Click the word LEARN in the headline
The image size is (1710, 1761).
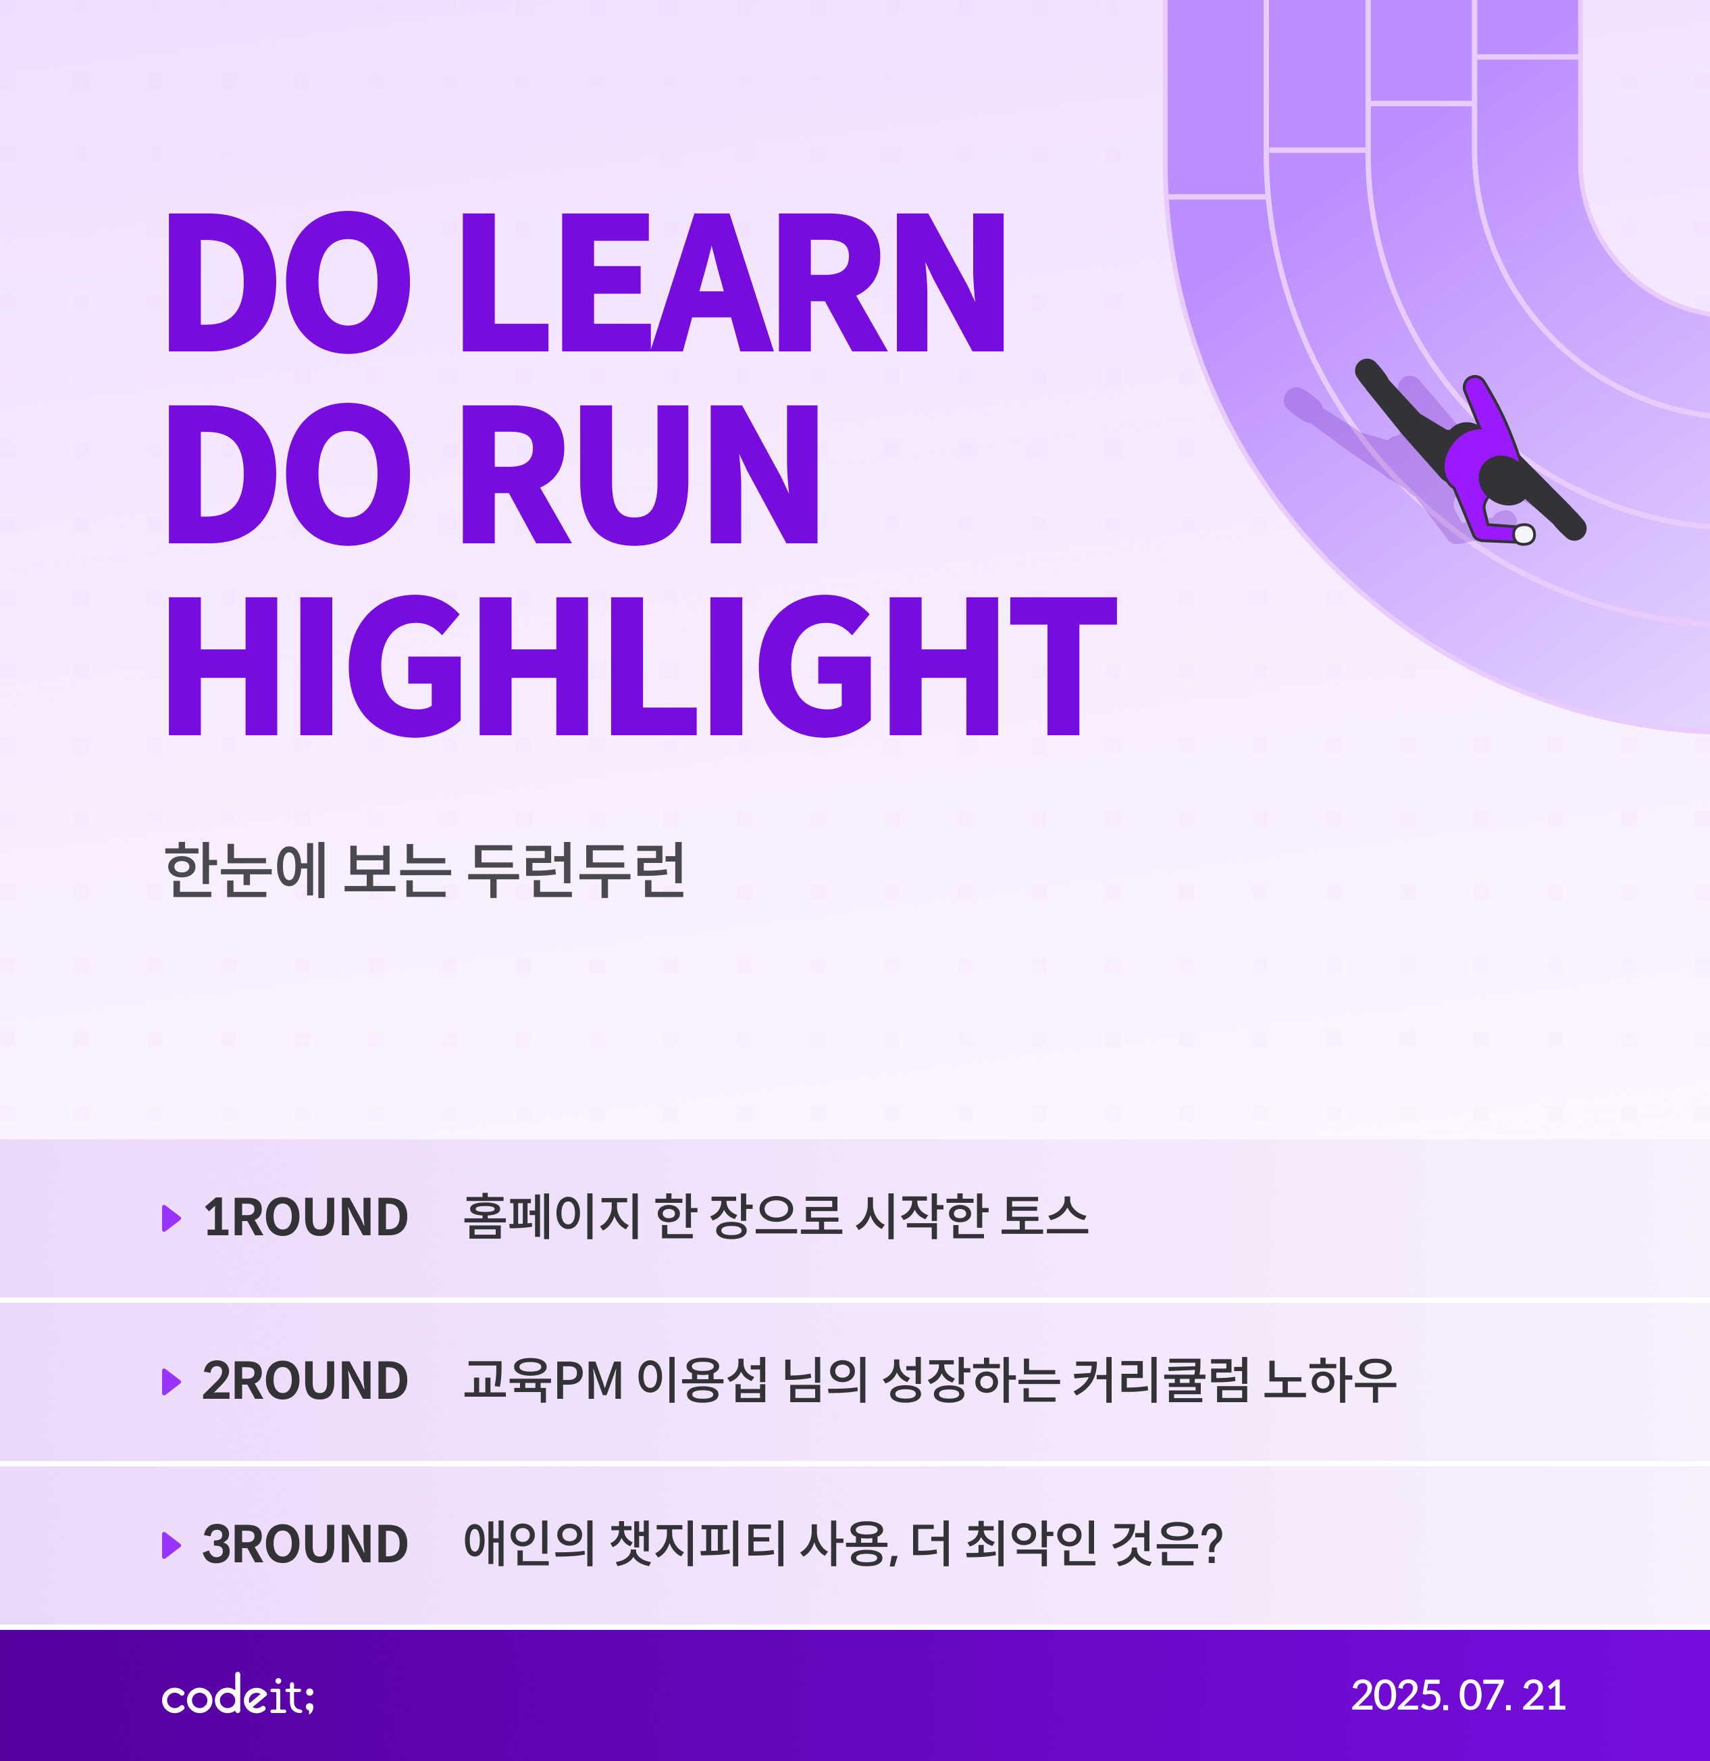click(733, 282)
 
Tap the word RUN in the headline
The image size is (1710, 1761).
click(640, 474)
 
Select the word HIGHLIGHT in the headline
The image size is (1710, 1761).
click(642, 666)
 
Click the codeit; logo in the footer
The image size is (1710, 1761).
click(238, 1695)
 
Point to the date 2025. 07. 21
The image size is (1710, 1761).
click(1459, 1695)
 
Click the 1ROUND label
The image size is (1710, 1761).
click(306, 1218)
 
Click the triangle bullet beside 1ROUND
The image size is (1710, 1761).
click(172, 1218)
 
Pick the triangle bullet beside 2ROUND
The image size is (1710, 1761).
click(172, 1381)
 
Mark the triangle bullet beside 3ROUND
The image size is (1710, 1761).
click(172, 1545)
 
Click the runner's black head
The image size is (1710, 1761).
click(1503, 480)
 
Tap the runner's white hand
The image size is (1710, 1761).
click(1524, 535)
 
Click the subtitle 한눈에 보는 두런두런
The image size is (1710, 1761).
click(425, 870)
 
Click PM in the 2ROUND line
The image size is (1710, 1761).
click(588, 1381)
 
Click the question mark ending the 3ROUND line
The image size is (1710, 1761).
click(1212, 1543)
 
